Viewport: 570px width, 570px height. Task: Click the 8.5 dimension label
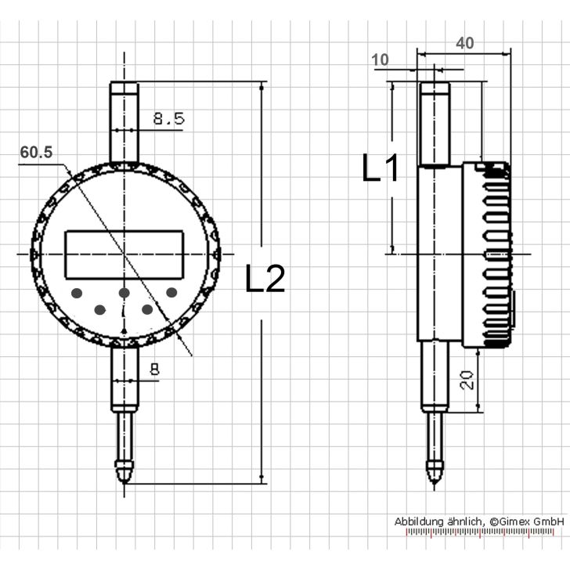pos(168,119)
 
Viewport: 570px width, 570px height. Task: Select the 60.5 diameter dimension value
pos(36,152)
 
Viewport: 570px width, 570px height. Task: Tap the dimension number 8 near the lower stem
pos(154,370)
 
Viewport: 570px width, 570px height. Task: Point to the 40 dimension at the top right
pos(464,43)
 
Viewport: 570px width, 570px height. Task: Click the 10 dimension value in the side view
pos(381,60)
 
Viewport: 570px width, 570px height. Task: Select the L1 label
pos(381,168)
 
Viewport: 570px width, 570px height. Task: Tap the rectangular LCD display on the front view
pos(124,254)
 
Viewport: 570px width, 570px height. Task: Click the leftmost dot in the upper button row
pos(77,293)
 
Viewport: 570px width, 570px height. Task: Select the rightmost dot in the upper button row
pos(171,292)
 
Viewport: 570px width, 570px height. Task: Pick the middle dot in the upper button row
pos(124,293)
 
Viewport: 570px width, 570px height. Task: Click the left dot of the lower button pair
pos(100,309)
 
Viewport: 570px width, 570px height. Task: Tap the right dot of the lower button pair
pos(147,309)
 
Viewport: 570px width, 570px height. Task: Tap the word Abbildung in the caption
pos(420,521)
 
